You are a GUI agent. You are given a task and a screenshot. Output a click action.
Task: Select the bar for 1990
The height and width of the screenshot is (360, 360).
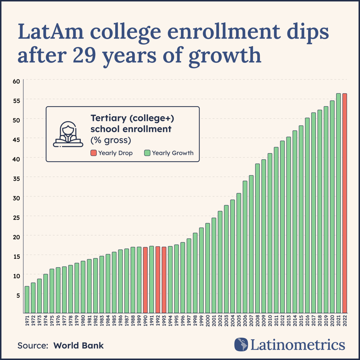(145, 280)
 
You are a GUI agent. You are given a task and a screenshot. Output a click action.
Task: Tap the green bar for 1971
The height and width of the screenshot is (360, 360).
(27, 299)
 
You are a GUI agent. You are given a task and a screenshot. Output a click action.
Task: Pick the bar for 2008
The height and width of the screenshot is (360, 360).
(257, 238)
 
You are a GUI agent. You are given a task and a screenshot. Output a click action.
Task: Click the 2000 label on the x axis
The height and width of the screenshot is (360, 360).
(208, 321)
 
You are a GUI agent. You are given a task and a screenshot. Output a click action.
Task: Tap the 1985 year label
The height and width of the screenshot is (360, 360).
(114, 321)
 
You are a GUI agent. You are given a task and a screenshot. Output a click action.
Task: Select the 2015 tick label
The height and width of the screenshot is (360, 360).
(301, 321)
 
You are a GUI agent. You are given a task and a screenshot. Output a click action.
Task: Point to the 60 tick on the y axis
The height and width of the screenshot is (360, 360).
(16, 81)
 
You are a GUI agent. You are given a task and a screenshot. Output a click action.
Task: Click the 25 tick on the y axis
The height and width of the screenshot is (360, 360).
(16, 218)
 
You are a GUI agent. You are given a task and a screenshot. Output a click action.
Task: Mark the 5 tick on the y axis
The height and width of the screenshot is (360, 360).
(18, 295)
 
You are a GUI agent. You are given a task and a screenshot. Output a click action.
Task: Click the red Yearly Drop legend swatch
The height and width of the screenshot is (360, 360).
(94, 153)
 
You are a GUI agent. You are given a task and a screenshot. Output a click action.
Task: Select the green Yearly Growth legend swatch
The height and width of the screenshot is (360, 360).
(147, 153)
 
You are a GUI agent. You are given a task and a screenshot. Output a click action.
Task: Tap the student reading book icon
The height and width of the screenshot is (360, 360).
(68, 134)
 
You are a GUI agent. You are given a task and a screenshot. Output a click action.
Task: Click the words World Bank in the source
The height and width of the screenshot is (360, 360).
(79, 346)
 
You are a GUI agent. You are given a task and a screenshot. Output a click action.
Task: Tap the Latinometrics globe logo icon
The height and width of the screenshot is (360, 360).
(241, 344)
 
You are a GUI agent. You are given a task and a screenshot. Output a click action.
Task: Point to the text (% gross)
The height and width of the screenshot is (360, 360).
(111, 140)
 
